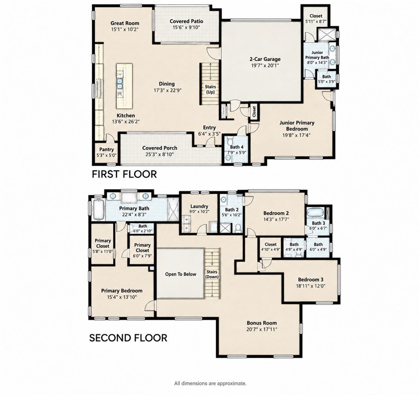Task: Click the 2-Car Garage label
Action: [x=265, y=59]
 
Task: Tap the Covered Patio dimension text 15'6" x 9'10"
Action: [x=186, y=27]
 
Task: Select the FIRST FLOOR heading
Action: [x=124, y=174]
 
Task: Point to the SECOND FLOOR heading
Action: [x=128, y=338]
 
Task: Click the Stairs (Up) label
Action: [x=210, y=89]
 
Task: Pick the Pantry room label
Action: [x=107, y=149]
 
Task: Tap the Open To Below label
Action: [x=180, y=274]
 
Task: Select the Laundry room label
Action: [x=199, y=206]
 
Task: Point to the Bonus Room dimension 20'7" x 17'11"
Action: [x=262, y=329]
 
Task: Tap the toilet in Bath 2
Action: [x=237, y=228]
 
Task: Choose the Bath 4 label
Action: [x=237, y=147]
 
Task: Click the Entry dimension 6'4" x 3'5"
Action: [x=209, y=133]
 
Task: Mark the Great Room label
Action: [x=125, y=23]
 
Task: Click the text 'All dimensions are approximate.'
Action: [x=210, y=384]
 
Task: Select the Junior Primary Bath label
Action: [x=317, y=55]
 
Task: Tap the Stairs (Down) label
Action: [x=212, y=274]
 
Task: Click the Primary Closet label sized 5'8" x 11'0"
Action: [x=103, y=243]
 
